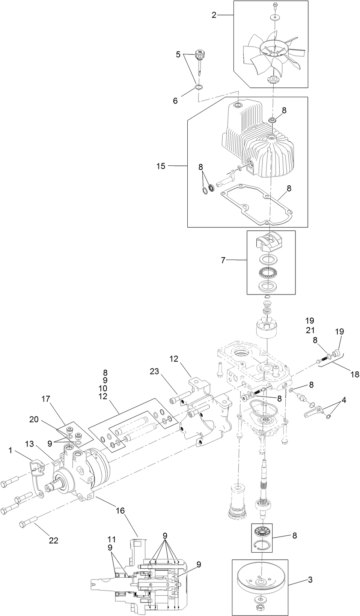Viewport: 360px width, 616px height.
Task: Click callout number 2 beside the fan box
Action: click(x=214, y=15)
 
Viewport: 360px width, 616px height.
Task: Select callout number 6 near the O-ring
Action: click(x=175, y=101)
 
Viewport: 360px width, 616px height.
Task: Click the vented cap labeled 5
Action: click(x=199, y=56)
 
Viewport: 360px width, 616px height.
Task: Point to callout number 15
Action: click(x=161, y=166)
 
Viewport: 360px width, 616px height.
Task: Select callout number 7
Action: click(x=223, y=260)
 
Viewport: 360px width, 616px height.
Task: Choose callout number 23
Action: click(x=154, y=371)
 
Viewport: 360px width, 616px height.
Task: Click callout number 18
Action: click(x=354, y=374)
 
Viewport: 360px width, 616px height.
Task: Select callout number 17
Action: click(x=46, y=399)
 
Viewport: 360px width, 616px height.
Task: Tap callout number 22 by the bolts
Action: click(x=54, y=540)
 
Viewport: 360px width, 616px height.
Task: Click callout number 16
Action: click(x=120, y=511)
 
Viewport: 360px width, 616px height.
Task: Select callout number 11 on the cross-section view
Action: click(x=111, y=539)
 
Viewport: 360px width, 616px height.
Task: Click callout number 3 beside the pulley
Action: click(x=310, y=580)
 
